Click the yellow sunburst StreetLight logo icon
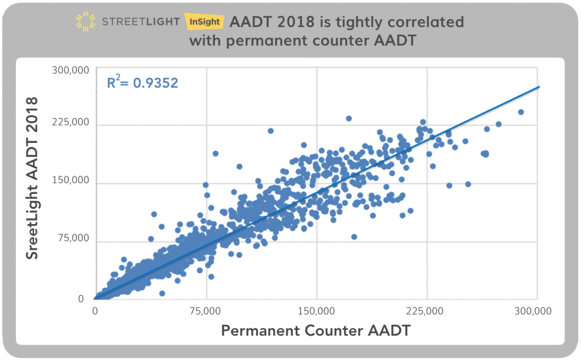[x=87, y=22]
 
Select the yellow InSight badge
[x=204, y=22]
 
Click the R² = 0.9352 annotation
[x=142, y=83]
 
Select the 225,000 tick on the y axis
[x=70, y=123]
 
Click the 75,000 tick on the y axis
[x=73, y=238]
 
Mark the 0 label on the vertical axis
[x=81, y=299]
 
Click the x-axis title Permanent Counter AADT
[x=315, y=331]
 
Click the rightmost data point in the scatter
[x=520, y=112]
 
